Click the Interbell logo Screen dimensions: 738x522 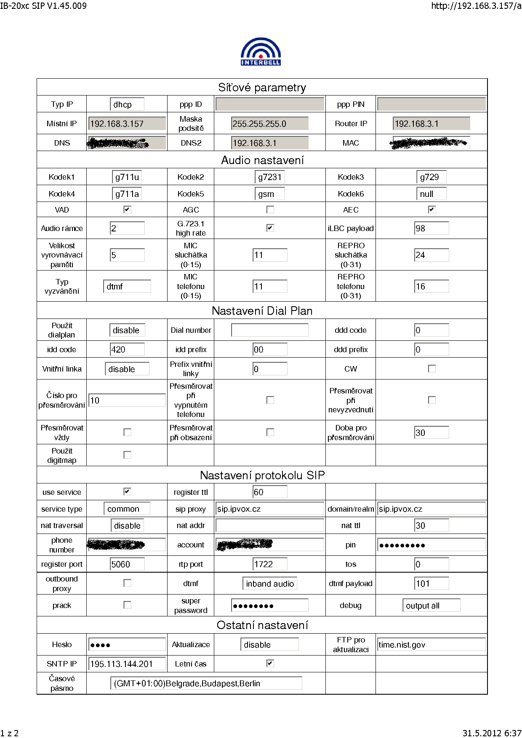(x=261, y=52)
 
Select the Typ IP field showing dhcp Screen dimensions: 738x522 (x=127, y=104)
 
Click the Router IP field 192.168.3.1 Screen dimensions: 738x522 (x=431, y=124)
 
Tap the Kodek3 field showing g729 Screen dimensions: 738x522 (x=431, y=177)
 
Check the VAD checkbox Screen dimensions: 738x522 (x=127, y=210)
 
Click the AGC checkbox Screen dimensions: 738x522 (x=270, y=210)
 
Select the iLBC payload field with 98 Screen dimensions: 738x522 (x=431, y=228)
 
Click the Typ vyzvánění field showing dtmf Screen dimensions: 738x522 (x=127, y=287)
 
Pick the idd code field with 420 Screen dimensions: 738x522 (x=127, y=350)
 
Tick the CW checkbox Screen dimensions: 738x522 (x=432, y=369)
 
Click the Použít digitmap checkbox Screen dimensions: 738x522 (x=127, y=455)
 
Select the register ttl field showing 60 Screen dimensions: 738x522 (x=270, y=492)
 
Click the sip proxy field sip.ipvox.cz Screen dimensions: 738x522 (x=270, y=509)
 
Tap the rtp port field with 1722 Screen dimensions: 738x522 (x=270, y=564)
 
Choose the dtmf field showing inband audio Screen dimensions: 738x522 (x=270, y=584)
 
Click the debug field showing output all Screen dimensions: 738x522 (x=431, y=605)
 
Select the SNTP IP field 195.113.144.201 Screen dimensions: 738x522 (x=127, y=664)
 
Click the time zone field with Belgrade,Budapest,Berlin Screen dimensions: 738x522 (x=206, y=683)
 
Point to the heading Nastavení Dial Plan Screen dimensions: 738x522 (x=262, y=311)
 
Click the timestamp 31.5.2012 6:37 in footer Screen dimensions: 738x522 (x=492, y=733)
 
